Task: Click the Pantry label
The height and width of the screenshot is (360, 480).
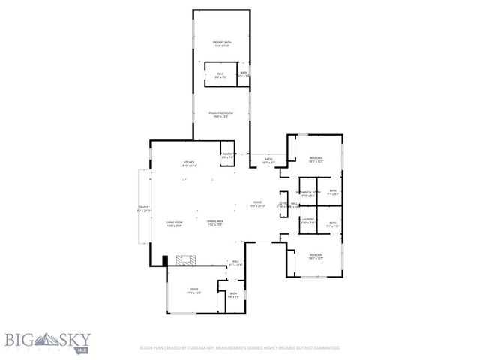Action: (226, 155)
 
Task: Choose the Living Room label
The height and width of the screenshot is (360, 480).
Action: (175, 223)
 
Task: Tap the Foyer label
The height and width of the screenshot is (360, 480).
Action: (256, 204)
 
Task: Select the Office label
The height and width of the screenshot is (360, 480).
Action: (193, 291)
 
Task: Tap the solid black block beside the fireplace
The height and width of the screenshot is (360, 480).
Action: (165, 260)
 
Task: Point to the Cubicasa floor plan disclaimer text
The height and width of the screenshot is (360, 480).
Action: (240, 348)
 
